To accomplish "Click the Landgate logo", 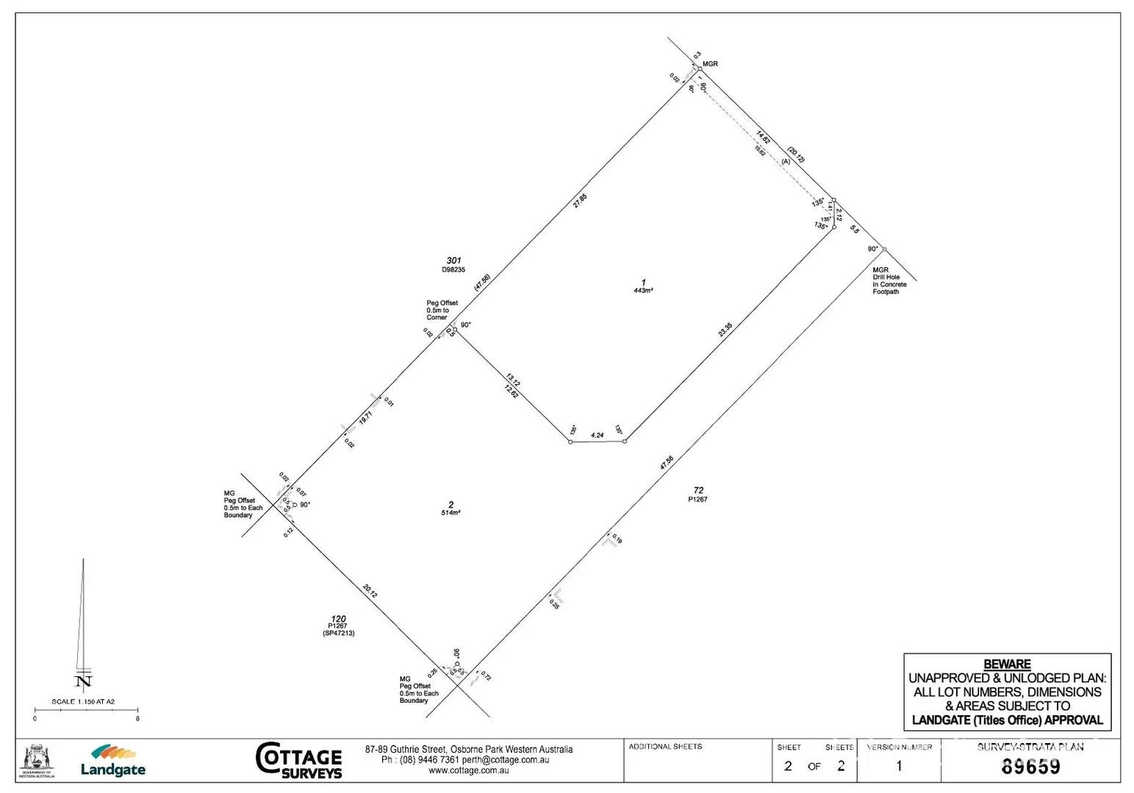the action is point(112,761).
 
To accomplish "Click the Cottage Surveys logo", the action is point(299,760).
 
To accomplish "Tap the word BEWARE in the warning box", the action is point(1007,664).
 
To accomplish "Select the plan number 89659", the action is point(1030,767).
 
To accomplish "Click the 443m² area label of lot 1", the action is point(643,291).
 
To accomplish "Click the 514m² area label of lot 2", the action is point(451,513).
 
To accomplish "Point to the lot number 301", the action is point(453,261).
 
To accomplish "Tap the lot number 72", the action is point(698,490).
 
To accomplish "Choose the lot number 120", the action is point(338,619).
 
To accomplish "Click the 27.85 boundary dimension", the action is point(580,200).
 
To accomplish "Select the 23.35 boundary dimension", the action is point(725,330).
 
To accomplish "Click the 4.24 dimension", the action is point(597,435).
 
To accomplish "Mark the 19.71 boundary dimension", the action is point(366,418).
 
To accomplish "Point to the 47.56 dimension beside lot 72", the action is point(667,463).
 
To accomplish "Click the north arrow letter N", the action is point(84,681).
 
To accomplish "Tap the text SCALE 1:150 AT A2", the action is point(83,702).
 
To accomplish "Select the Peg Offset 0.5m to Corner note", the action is point(442,310).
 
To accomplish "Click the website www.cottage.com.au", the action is point(468,770).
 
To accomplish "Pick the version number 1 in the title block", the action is point(898,767).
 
